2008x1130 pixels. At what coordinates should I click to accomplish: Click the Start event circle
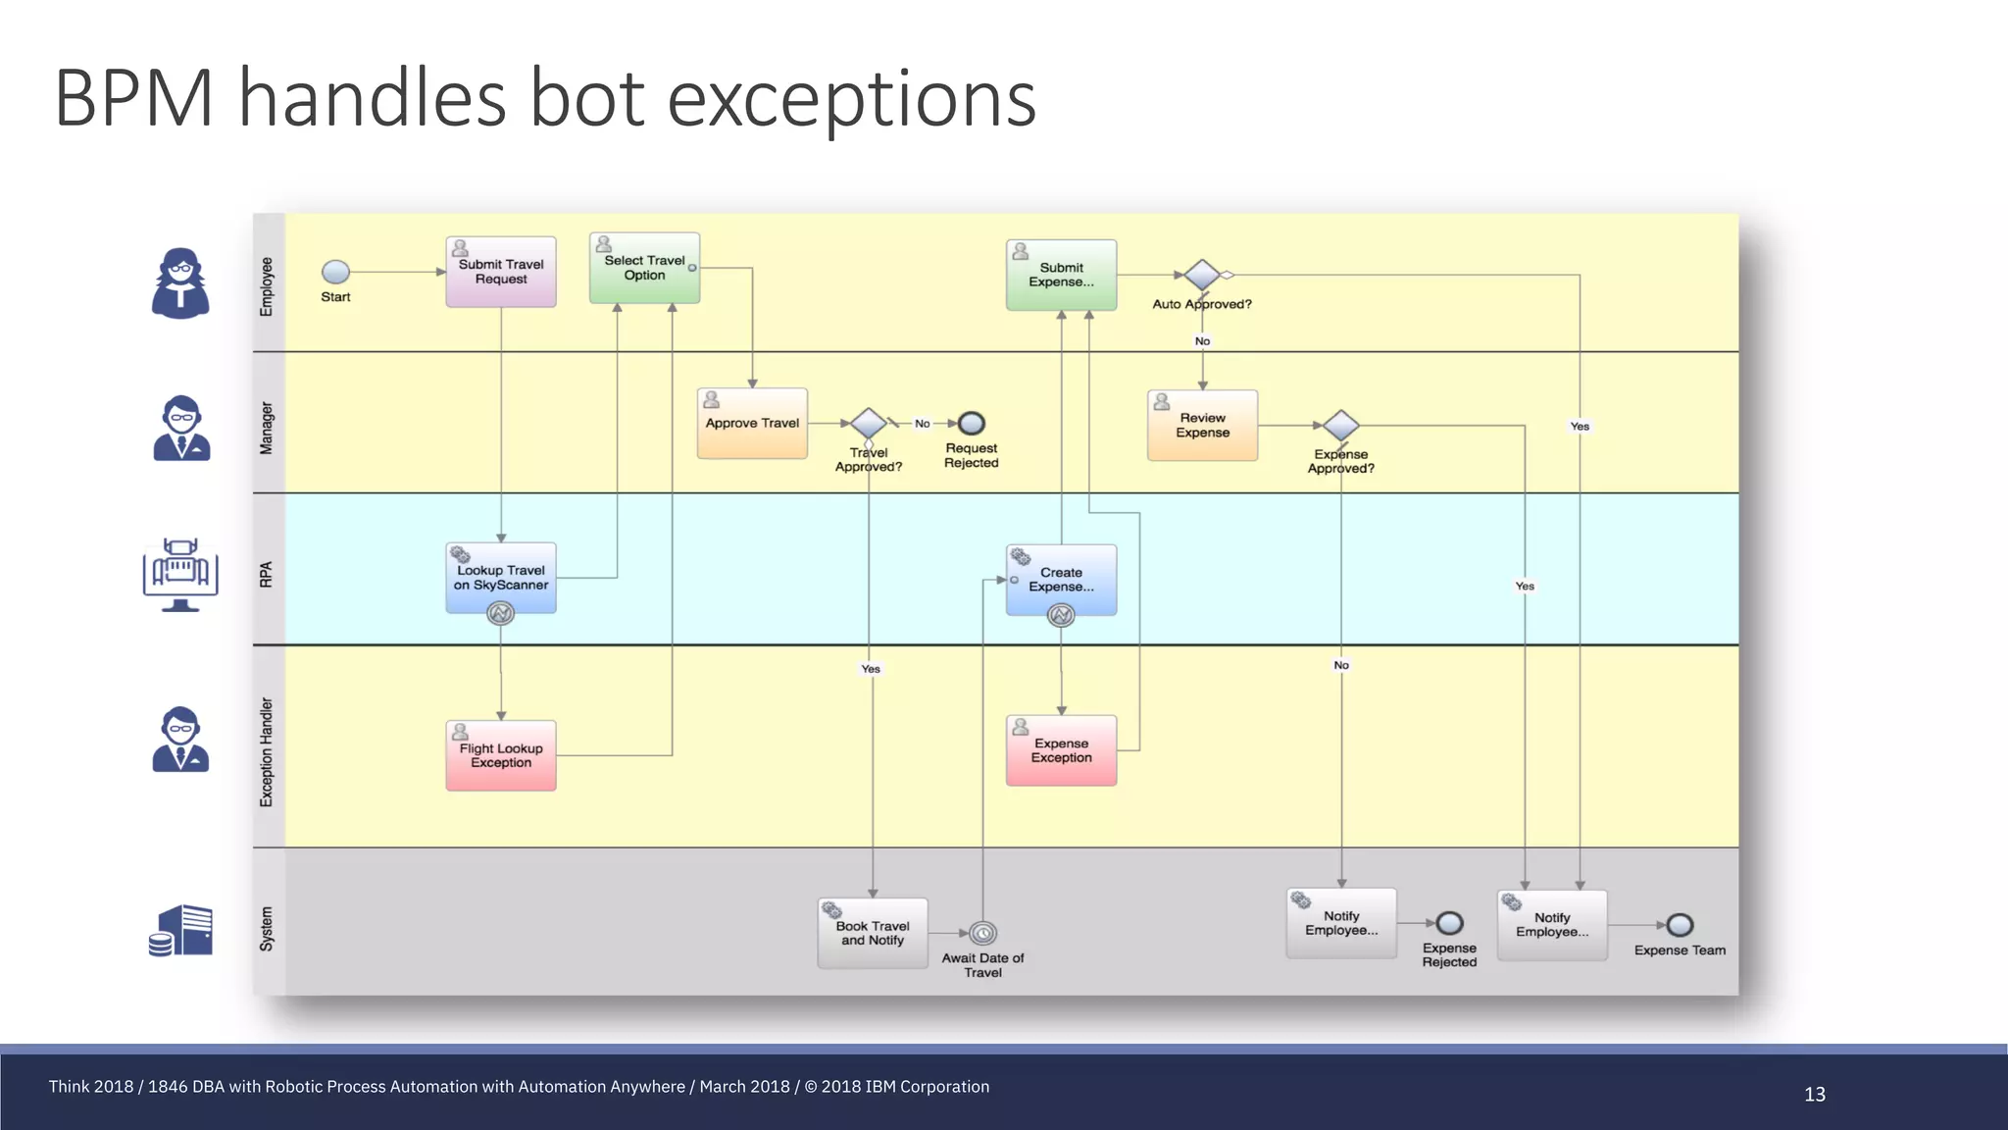(335, 272)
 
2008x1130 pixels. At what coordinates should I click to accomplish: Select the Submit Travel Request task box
(501, 272)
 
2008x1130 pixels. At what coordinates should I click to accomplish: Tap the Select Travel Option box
(644, 268)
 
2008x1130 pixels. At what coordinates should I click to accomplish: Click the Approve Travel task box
(752, 423)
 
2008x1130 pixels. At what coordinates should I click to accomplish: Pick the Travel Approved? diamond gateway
(869, 423)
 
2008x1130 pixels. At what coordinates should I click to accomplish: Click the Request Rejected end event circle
(971, 423)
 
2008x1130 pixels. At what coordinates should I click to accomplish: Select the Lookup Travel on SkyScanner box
(501, 578)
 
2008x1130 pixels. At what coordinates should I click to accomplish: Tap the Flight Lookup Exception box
(501, 755)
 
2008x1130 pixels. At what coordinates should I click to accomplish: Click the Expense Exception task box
(1061, 750)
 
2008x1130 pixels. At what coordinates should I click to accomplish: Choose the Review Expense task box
(1202, 425)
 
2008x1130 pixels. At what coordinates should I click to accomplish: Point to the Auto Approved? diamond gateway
(1202, 275)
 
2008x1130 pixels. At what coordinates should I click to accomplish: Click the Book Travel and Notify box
(873, 933)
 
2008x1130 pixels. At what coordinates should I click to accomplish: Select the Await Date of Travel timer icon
(982, 933)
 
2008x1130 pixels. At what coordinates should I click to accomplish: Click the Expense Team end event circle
(1680, 925)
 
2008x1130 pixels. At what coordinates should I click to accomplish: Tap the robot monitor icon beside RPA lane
(180, 575)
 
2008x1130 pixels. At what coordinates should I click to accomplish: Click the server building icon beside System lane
(181, 930)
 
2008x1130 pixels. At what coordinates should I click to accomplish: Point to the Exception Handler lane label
(266, 752)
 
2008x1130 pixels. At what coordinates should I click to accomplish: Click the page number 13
(1814, 1094)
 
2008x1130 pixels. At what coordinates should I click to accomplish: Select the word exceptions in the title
(851, 99)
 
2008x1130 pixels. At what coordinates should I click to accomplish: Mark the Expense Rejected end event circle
(1449, 923)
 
